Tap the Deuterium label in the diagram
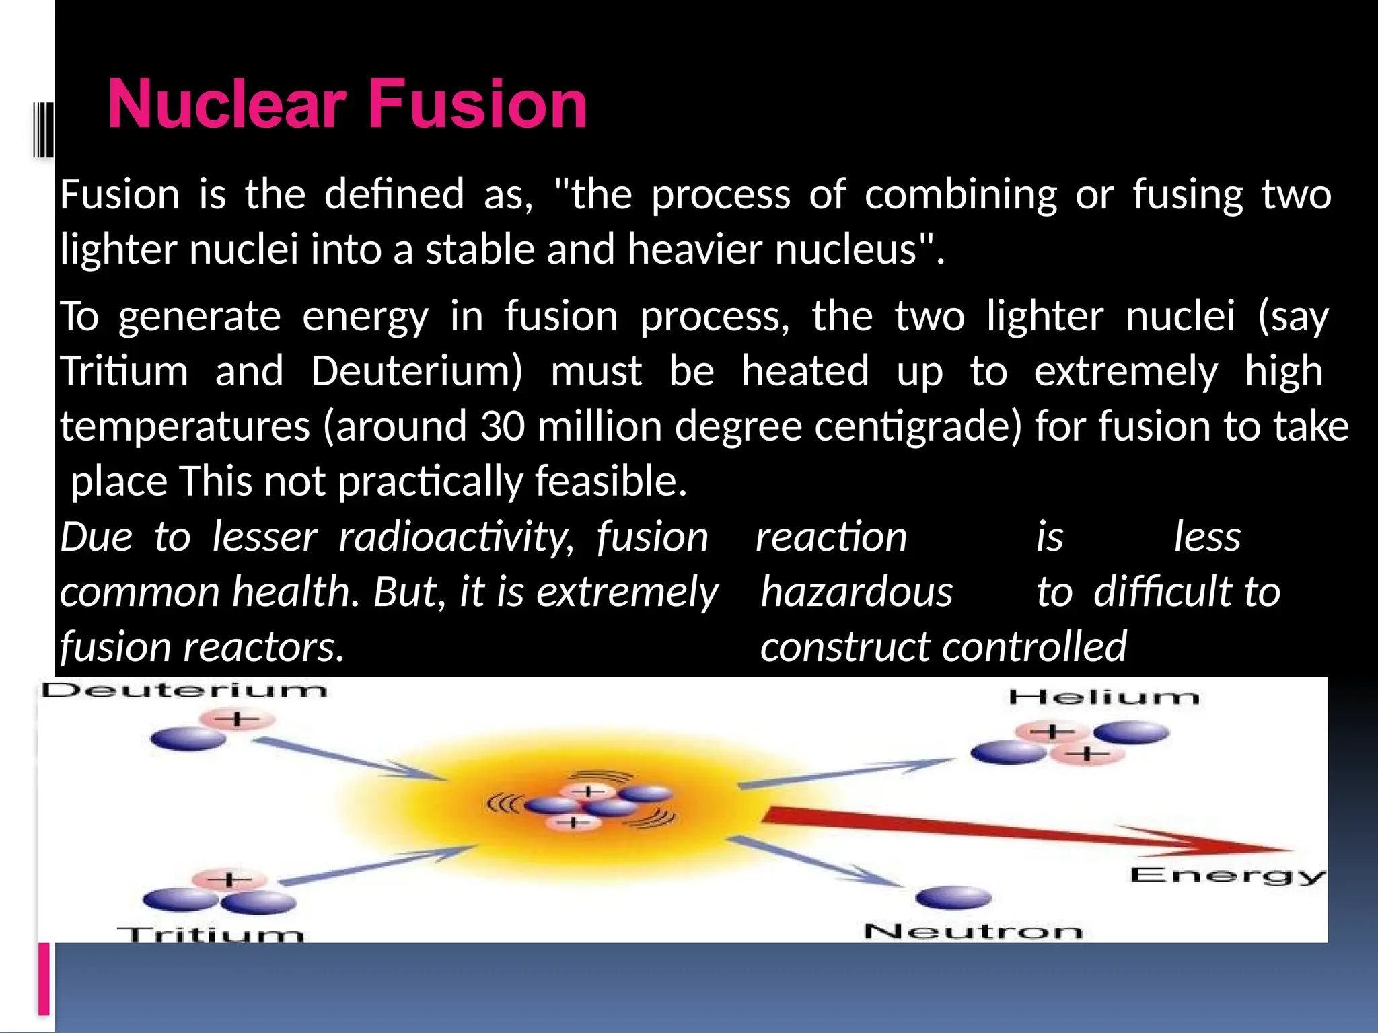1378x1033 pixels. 184,691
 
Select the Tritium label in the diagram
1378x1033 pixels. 210,933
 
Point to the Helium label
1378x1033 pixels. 1103,697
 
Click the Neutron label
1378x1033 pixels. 973,931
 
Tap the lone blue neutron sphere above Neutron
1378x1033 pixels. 953,897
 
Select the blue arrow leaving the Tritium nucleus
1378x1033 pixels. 377,865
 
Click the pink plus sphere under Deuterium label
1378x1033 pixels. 237,720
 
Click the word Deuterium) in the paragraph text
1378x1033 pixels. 416,371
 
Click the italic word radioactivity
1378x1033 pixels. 456,537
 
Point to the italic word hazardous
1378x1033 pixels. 856,592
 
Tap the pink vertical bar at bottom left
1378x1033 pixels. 44,978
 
